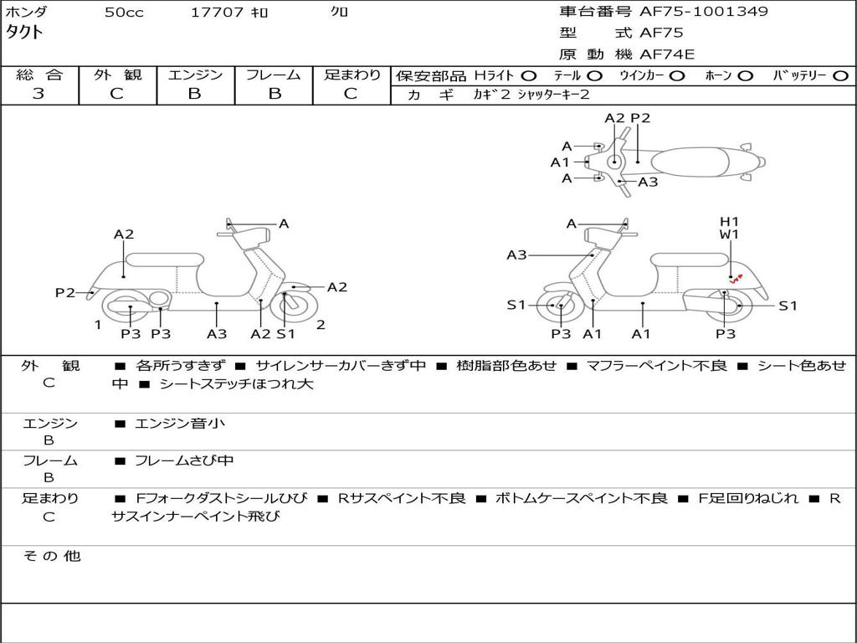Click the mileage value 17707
pos(218,13)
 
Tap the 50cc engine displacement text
pos(124,13)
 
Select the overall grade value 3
pos(38,94)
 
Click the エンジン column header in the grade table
pos(195,75)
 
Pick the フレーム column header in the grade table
pos(273,75)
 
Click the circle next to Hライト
pos(528,76)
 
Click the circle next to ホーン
pos(745,76)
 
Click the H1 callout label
pos(730,222)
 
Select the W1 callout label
pos(730,234)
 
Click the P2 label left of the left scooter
pos(65,292)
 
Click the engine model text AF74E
pos(667,54)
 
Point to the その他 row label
pos(50,556)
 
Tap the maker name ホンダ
pos(27,13)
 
